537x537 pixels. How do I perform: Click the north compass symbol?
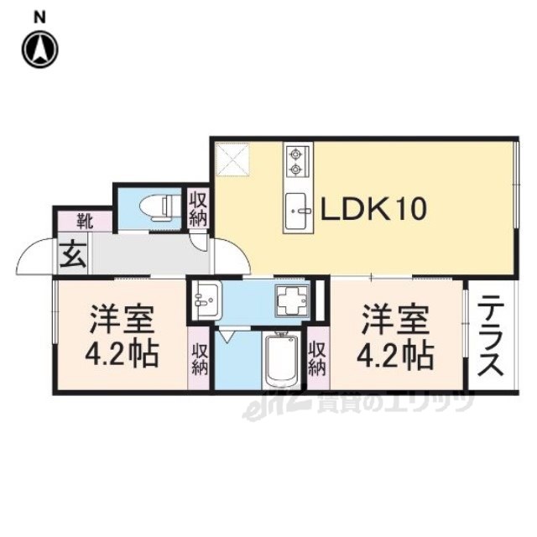[39, 50]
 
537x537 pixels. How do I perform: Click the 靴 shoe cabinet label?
[84, 222]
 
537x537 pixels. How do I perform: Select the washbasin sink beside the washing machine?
[205, 299]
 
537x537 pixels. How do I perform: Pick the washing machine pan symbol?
[295, 300]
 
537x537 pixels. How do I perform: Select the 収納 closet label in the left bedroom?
[200, 360]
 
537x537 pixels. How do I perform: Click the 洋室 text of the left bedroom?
[123, 321]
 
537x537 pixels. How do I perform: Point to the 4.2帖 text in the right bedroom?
[398, 356]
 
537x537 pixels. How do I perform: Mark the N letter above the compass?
[39, 17]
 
